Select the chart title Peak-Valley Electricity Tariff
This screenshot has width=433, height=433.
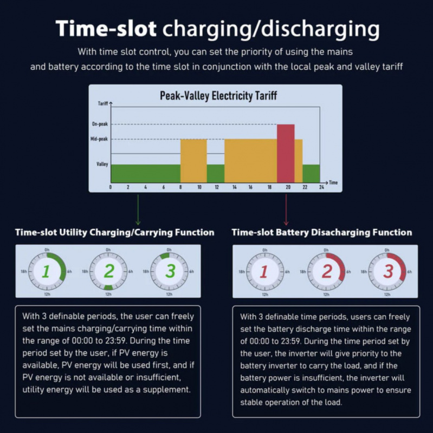(x=218, y=96)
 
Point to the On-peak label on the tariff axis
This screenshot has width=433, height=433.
(x=100, y=124)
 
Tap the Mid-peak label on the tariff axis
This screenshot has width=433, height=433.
(x=99, y=139)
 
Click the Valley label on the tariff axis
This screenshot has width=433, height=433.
(x=102, y=164)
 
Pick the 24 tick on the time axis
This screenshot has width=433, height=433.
(x=321, y=187)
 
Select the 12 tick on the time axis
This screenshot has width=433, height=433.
(x=216, y=187)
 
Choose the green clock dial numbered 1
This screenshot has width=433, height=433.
(x=47, y=271)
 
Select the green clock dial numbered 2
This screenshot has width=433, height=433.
(x=108, y=271)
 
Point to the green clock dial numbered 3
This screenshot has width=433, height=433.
(x=170, y=271)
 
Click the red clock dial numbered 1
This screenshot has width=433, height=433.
(x=264, y=271)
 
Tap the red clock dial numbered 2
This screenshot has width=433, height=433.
(x=326, y=271)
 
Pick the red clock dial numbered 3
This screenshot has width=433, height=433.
(x=387, y=271)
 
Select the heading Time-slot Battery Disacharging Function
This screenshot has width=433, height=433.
(x=322, y=232)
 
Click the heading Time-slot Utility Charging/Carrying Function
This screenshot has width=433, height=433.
(x=114, y=232)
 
